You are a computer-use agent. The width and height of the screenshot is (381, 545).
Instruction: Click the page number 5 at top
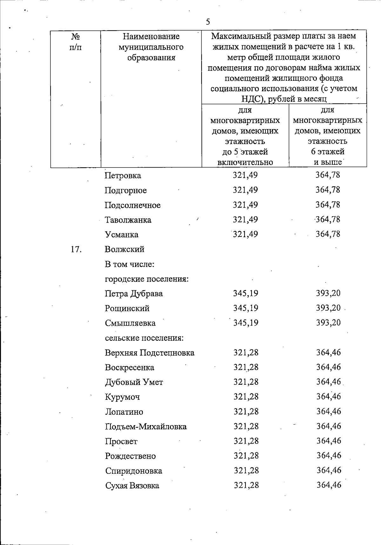tap(208, 22)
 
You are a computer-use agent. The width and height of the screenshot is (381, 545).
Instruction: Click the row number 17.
tap(76, 249)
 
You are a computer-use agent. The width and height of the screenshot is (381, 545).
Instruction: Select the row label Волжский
tap(124, 249)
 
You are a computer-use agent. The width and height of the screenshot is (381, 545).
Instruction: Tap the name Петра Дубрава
tap(134, 293)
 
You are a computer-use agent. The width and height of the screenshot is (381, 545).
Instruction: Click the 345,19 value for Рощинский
tap(245, 308)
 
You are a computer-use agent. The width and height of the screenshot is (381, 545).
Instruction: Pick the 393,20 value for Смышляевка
tap(328, 323)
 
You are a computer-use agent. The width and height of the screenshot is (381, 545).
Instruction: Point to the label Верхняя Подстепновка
tap(150, 353)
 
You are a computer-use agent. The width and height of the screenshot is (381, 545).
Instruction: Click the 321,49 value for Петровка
tap(245, 175)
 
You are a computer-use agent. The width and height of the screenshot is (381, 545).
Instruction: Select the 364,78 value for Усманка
tap(328, 234)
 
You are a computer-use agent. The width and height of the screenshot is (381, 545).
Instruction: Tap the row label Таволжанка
tap(128, 220)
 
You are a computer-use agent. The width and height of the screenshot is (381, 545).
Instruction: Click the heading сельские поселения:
tap(144, 338)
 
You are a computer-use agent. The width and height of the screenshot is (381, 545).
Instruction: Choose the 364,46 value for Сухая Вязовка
tap(329, 485)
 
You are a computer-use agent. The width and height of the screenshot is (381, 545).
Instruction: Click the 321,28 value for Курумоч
tap(246, 397)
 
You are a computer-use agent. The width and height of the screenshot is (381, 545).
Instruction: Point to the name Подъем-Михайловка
tap(146, 427)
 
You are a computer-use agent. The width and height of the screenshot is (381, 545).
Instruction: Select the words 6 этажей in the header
tap(328, 152)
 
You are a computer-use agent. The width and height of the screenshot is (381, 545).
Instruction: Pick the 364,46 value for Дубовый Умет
tap(328, 382)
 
